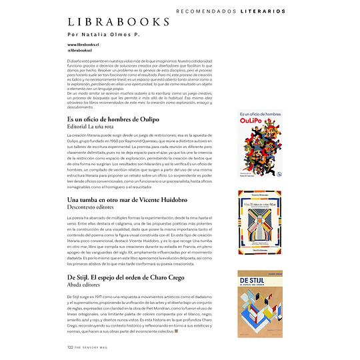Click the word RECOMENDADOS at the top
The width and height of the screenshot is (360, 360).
point(201,11)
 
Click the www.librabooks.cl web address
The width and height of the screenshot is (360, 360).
point(83,45)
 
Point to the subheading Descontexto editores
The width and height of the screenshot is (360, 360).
point(95,207)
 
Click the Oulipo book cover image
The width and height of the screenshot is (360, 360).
point(260,144)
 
